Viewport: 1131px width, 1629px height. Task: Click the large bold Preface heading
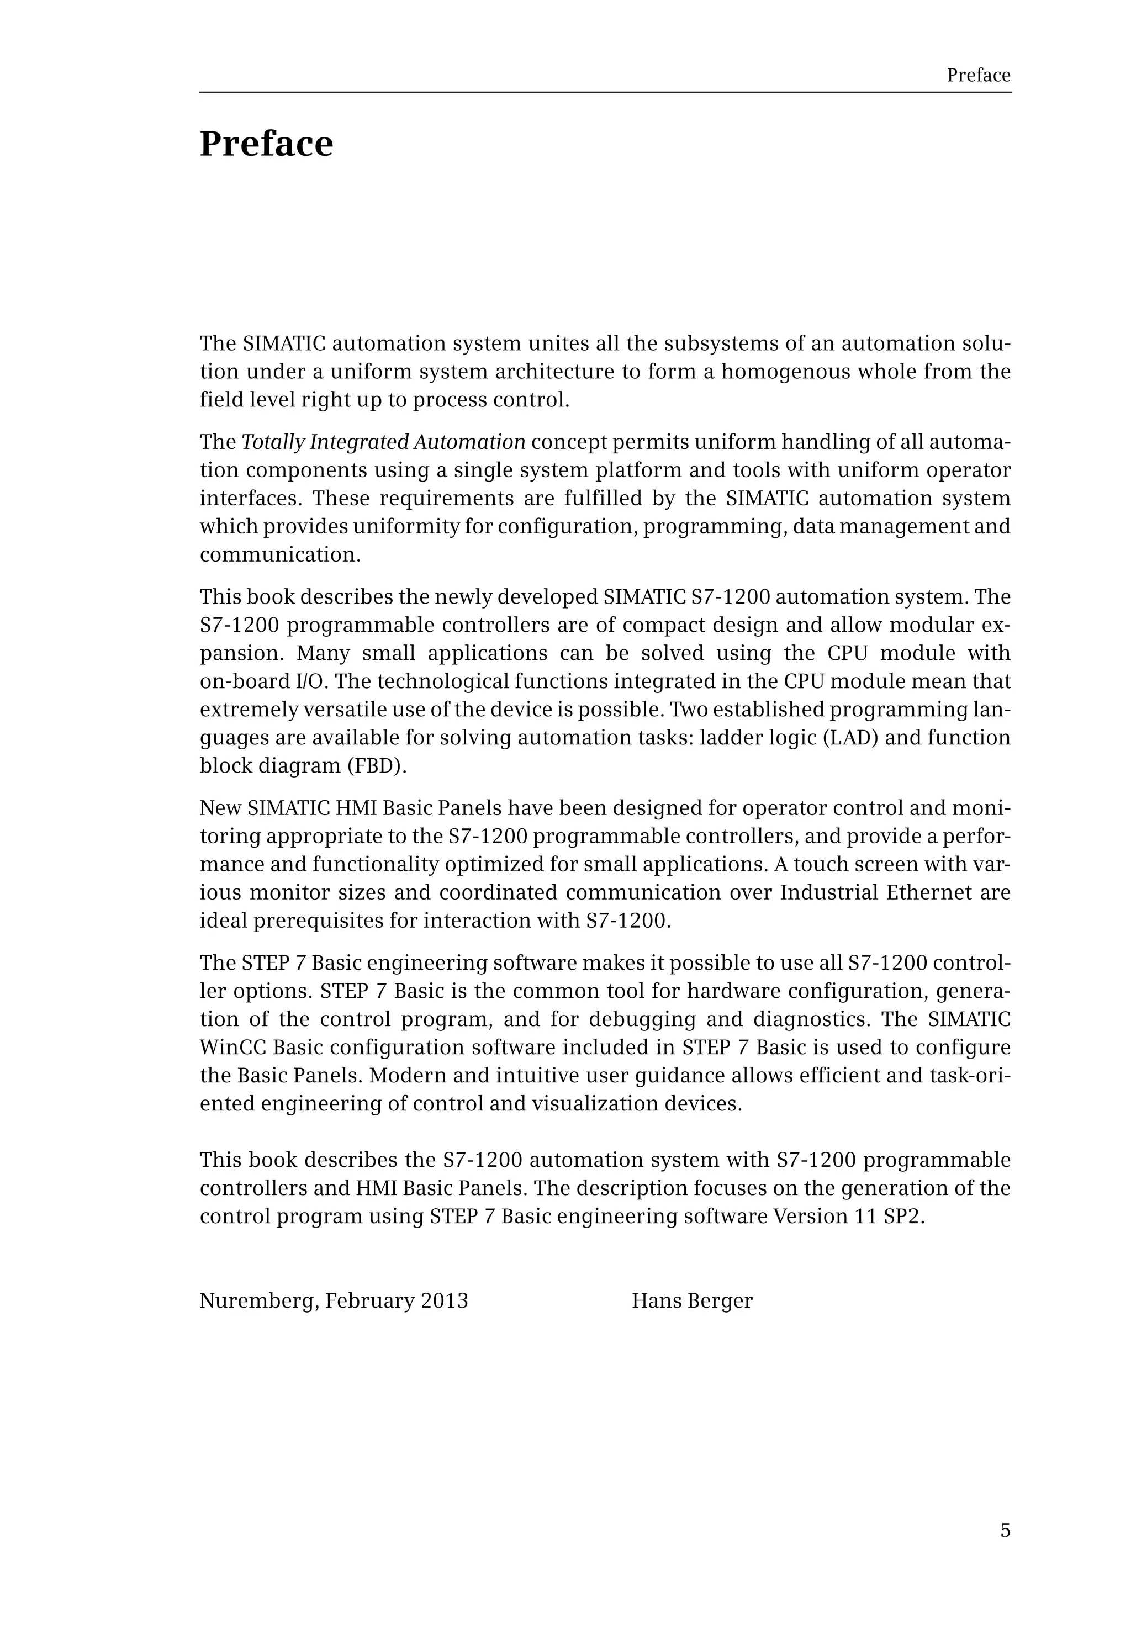tap(266, 145)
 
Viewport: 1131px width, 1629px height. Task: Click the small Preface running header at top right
tap(978, 75)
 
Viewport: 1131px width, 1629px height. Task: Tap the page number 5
tap(1005, 1531)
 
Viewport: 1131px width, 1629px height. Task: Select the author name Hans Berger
tap(691, 1301)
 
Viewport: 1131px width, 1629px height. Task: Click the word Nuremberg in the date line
tap(258, 1301)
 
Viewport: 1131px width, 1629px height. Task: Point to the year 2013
tap(445, 1301)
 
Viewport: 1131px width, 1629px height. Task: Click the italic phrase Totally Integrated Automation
tap(383, 442)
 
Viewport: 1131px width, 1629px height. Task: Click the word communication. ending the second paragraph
tap(280, 555)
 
